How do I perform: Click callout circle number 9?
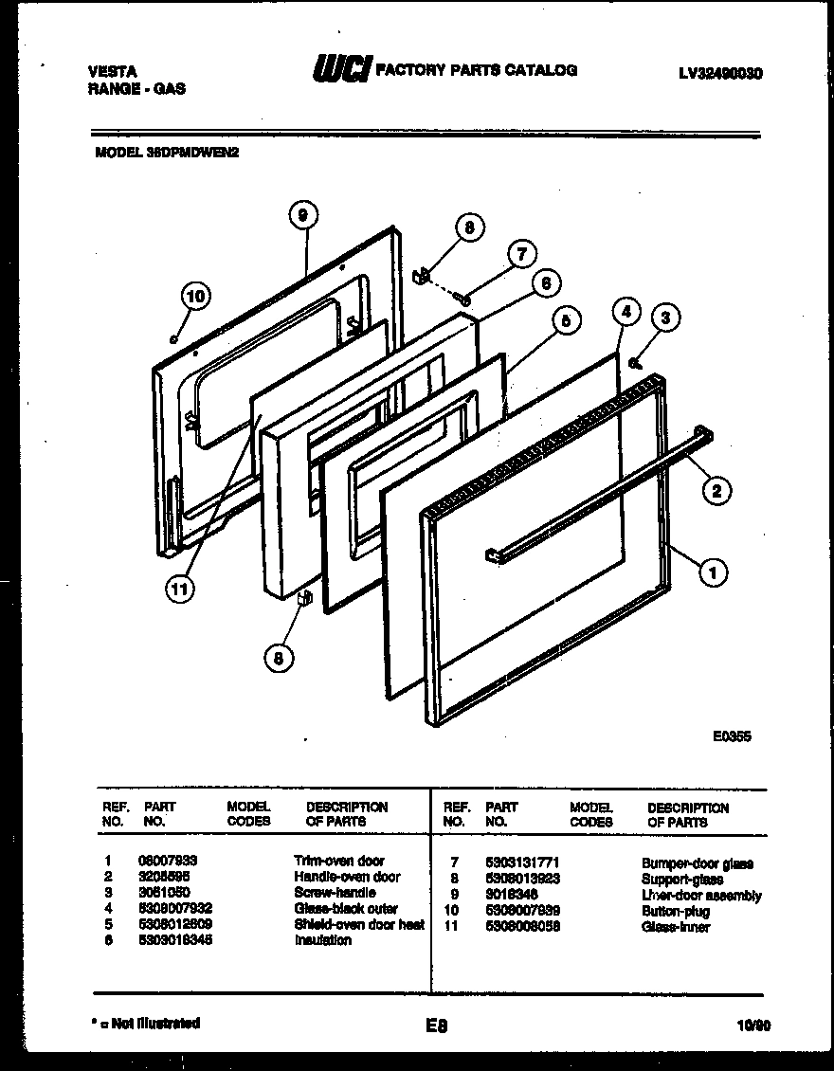pyautogui.click(x=301, y=217)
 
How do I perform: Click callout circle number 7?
pyautogui.click(x=520, y=253)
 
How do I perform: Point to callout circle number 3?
pyautogui.click(x=666, y=318)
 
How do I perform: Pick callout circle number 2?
pyautogui.click(x=716, y=490)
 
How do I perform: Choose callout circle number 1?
pyautogui.click(x=713, y=571)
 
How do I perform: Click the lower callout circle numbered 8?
pyautogui.click(x=278, y=659)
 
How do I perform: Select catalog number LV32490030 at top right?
pyautogui.click(x=721, y=73)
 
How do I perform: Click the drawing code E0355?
pyautogui.click(x=733, y=735)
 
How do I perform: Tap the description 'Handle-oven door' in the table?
pyautogui.click(x=347, y=877)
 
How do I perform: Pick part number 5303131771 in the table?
pyautogui.click(x=522, y=862)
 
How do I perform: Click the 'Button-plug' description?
pyautogui.click(x=676, y=911)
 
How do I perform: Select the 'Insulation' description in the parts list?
pyautogui.click(x=322, y=940)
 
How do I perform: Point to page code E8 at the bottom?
pyautogui.click(x=437, y=1025)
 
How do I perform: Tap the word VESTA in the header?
pyautogui.click(x=112, y=71)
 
